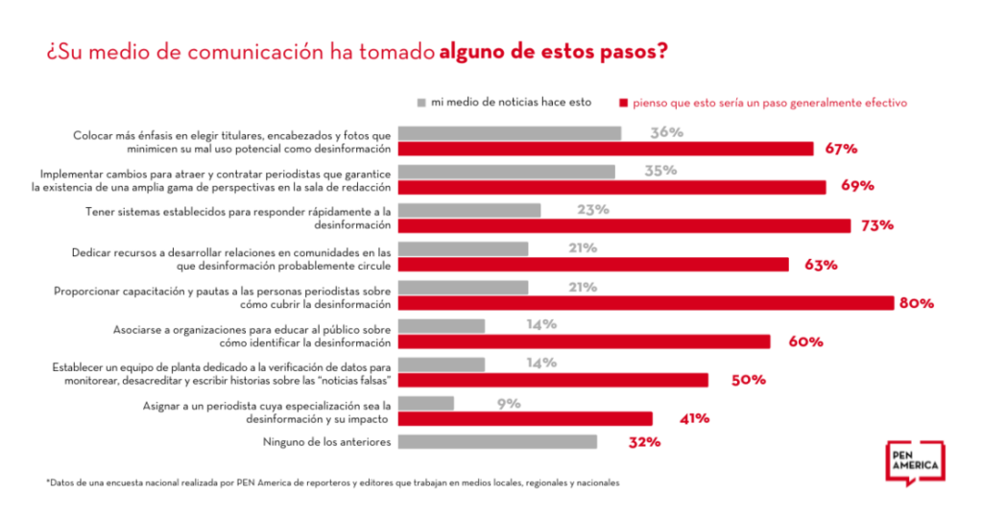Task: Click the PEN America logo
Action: pyautogui.click(x=914, y=463)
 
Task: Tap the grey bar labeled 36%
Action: pyautogui.click(x=510, y=133)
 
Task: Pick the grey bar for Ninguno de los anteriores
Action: pyautogui.click(x=497, y=442)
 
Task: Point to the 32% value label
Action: pyautogui.click(x=643, y=442)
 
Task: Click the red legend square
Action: pyautogui.click(x=624, y=102)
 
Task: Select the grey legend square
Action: pyautogui.click(x=421, y=102)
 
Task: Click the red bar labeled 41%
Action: pyautogui.click(x=525, y=418)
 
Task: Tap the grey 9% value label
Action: pyautogui.click(x=509, y=403)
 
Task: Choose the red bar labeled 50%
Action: pyautogui.click(x=553, y=380)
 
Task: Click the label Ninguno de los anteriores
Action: pyautogui.click(x=326, y=442)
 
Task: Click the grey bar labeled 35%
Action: pyautogui.click(x=507, y=172)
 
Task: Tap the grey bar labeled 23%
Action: pyautogui.click(x=469, y=210)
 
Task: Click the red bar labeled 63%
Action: pyautogui.click(x=593, y=265)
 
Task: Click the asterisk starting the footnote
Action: pyautogui.click(x=47, y=481)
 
